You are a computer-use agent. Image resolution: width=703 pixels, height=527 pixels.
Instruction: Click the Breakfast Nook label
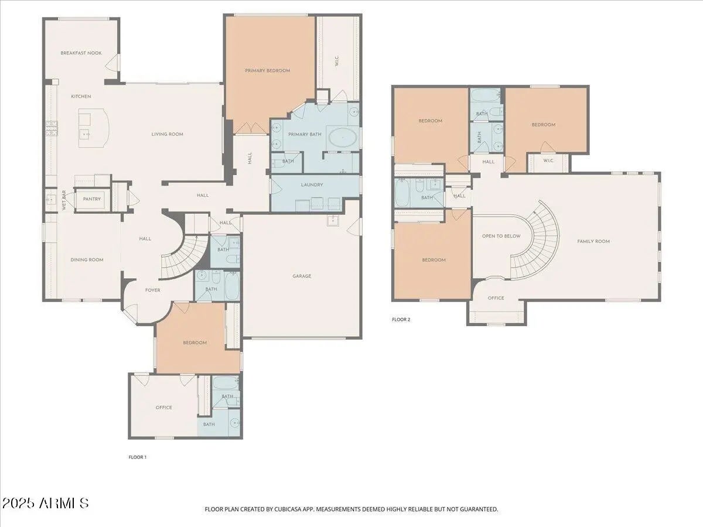click(x=81, y=53)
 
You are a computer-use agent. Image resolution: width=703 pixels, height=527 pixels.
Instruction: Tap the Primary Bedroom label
click(x=267, y=71)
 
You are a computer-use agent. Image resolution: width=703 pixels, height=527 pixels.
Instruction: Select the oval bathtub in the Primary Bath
click(x=343, y=138)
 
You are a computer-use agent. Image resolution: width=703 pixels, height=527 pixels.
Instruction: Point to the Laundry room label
click(x=312, y=185)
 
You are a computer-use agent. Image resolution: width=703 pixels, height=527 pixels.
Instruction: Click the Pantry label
click(x=92, y=199)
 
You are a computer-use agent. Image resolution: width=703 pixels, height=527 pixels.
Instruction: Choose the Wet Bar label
click(x=64, y=201)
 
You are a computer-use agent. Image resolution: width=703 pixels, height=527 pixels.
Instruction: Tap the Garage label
click(x=302, y=276)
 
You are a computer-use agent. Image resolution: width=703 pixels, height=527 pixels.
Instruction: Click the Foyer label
click(x=153, y=290)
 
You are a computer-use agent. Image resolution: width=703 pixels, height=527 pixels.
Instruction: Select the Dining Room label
click(x=87, y=260)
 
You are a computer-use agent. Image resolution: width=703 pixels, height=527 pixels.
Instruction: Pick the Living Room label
click(x=167, y=135)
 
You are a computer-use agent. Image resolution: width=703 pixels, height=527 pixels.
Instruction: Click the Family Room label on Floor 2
click(x=593, y=242)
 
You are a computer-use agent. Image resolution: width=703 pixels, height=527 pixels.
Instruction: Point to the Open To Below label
click(x=501, y=236)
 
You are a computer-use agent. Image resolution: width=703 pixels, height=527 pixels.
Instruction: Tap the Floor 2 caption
click(x=401, y=320)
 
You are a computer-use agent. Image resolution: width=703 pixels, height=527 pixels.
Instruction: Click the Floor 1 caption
click(x=138, y=457)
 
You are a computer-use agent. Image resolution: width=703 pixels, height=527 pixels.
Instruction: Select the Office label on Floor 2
click(x=496, y=298)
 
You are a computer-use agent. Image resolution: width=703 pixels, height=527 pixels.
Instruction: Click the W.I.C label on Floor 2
click(x=548, y=160)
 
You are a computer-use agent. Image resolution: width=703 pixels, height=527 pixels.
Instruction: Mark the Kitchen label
click(x=81, y=96)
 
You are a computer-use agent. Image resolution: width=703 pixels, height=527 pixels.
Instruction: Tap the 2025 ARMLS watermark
click(x=45, y=504)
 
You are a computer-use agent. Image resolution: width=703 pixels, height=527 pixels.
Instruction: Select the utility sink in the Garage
click(x=333, y=221)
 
